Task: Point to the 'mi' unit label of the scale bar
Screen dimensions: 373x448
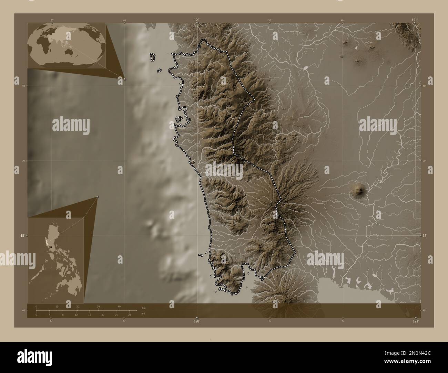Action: tap(143, 313)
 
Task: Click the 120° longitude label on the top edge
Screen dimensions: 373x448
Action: tap(197, 20)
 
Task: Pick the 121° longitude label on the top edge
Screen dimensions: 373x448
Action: tap(415, 20)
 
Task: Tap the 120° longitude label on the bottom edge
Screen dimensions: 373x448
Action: tap(197, 321)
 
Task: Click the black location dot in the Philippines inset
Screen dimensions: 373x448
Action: tap(51, 247)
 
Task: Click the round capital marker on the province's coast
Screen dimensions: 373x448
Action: tap(193, 162)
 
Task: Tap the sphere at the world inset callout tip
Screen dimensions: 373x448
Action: tap(125, 79)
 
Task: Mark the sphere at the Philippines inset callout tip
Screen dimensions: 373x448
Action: tap(98, 196)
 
